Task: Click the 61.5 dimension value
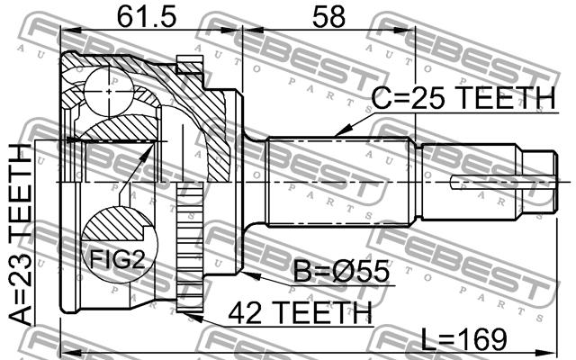click(147, 17)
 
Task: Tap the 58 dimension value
click(328, 17)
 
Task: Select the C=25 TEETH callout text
click(463, 98)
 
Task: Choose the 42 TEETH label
click(300, 312)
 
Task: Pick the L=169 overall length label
click(463, 339)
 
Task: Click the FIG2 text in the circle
click(118, 259)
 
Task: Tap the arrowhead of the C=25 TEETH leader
click(342, 132)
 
